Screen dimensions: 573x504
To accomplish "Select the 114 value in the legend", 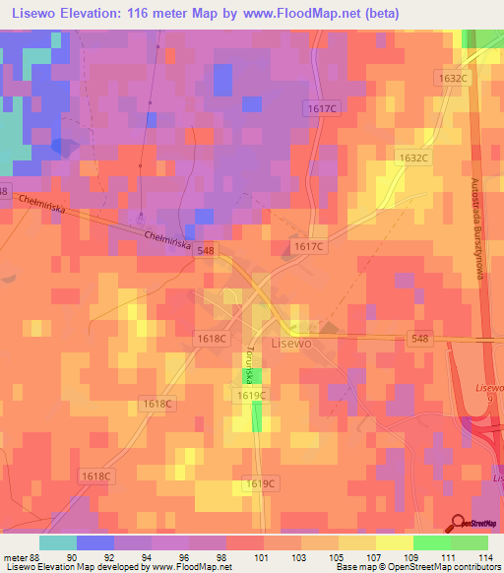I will [483, 556].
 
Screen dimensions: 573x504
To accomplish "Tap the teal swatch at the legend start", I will [58, 541].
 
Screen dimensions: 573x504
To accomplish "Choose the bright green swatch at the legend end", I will [470, 541].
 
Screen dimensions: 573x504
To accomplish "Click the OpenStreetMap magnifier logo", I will [458, 523].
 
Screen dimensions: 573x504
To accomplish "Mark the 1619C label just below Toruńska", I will [252, 394].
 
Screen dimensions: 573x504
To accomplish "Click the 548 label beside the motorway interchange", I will [420, 338].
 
